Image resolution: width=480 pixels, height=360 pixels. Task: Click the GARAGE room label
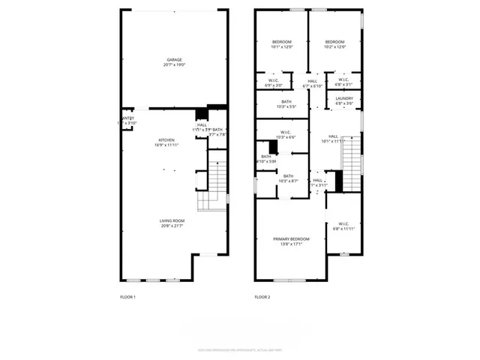click(x=174, y=60)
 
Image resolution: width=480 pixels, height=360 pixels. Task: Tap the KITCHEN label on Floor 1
click(x=166, y=140)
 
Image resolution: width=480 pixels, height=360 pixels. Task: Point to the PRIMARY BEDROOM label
click(x=289, y=239)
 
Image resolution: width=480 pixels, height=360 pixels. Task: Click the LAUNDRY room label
click(x=344, y=98)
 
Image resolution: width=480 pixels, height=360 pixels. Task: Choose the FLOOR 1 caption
click(x=128, y=297)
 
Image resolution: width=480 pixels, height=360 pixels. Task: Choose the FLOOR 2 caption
click(x=262, y=297)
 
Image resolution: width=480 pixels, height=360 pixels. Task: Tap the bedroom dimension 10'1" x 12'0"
click(x=282, y=46)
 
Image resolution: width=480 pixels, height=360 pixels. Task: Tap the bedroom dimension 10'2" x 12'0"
click(x=334, y=46)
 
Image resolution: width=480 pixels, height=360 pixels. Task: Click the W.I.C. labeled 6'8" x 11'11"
click(x=343, y=228)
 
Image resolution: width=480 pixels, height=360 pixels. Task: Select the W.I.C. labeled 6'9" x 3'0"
click(x=274, y=85)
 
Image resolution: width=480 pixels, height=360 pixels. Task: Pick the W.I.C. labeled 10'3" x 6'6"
click(x=286, y=137)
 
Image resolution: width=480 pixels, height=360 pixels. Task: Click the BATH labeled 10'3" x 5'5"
click(x=286, y=106)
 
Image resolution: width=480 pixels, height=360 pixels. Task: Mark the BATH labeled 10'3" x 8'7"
click(x=288, y=181)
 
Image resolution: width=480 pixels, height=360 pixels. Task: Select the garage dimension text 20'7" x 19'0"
click(x=174, y=65)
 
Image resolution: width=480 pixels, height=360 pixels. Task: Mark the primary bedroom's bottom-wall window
click(x=289, y=280)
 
